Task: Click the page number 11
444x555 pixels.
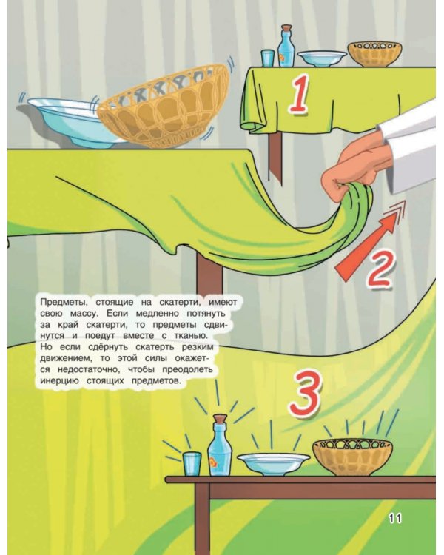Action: click(x=394, y=519)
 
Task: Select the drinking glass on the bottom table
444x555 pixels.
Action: click(x=192, y=462)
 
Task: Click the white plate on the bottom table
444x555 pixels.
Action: click(x=273, y=463)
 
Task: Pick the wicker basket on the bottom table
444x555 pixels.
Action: click(x=352, y=456)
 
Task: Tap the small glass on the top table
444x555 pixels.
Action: click(x=268, y=58)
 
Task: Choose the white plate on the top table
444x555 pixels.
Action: click(x=322, y=58)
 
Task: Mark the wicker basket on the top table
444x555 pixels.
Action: click(x=374, y=53)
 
